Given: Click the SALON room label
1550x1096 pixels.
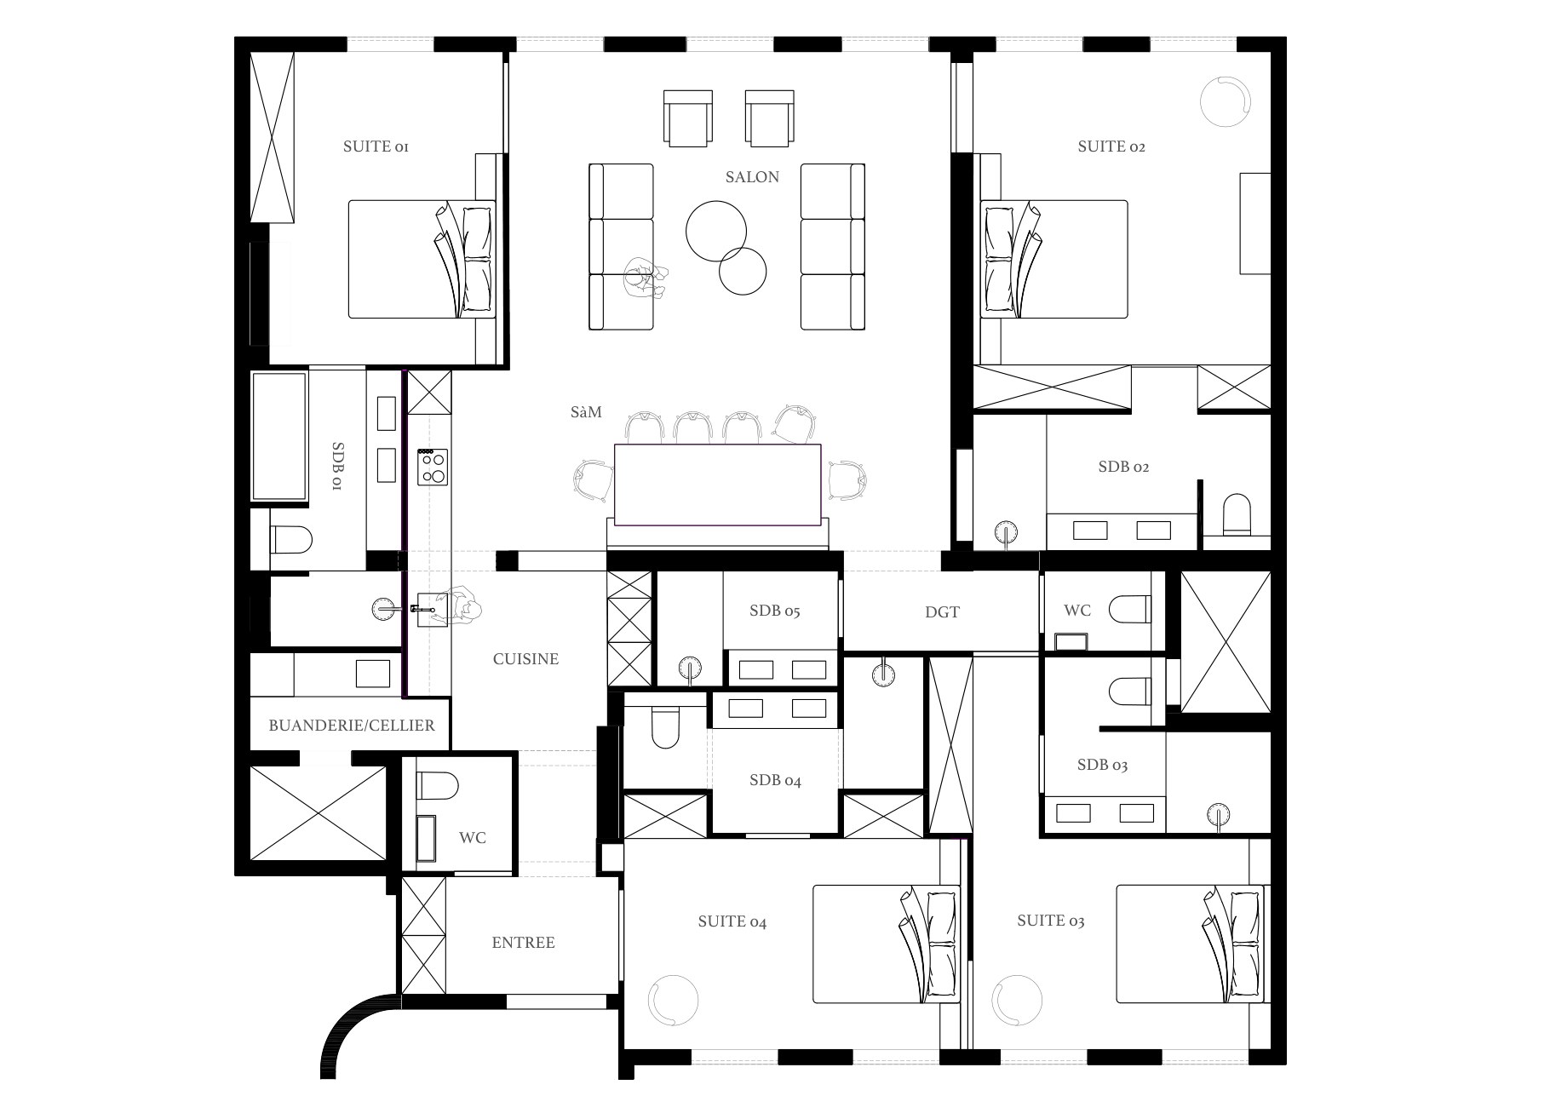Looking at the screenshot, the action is [x=752, y=177].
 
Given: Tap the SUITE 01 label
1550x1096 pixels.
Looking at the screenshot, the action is [x=376, y=146].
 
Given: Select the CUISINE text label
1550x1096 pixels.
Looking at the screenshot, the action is [x=525, y=659].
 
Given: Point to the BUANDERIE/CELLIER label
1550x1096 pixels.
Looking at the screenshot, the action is [x=352, y=726].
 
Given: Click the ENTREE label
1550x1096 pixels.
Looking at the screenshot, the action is [x=523, y=943].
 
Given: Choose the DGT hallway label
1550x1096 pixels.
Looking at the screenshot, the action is [x=942, y=612].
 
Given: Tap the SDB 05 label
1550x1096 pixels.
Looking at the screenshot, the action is [x=775, y=611].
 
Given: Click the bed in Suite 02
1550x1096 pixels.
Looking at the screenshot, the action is [x=1054, y=260].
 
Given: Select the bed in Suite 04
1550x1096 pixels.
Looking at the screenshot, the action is [x=887, y=944].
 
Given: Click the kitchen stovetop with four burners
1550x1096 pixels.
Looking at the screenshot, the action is [x=433, y=468].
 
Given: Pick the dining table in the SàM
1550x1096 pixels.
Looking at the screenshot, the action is [x=717, y=485].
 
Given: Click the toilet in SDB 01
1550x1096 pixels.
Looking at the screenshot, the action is [x=290, y=539].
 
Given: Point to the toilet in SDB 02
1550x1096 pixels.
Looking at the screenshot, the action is [x=1237, y=514].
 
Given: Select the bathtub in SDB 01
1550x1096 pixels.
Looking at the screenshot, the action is [x=278, y=436].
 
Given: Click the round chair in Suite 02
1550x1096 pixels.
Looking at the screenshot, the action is [x=1226, y=101].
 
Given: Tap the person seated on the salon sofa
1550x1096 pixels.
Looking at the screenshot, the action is [x=646, y=278].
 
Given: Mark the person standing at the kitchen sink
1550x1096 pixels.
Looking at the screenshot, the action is [x=464, y=605].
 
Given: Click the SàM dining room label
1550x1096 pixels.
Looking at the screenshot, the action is [x=586, y=413].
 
